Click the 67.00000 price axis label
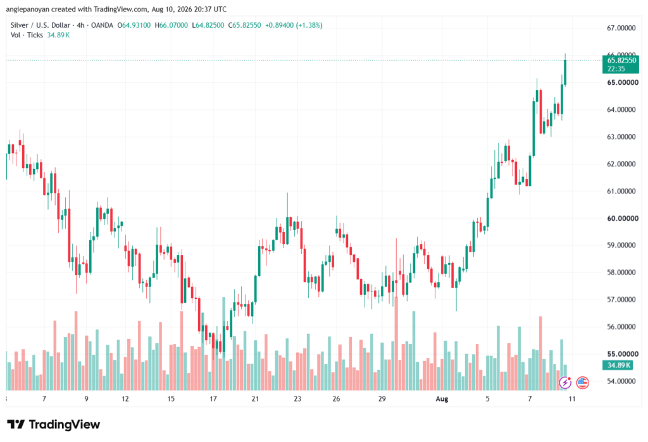[621, 28]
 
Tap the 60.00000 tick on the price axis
[621, 219]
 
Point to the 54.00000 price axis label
[621, 381]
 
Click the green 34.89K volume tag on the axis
[619, 365]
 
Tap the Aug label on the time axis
[442, 398]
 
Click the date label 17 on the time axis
[213, 398]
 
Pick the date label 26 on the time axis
[337, 398]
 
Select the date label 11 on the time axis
[572, 398]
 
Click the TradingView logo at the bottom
[54, 424]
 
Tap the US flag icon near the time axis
[582, 383]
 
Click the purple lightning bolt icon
[565, 383]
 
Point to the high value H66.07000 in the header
[171, 25]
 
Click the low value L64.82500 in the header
[208, 25]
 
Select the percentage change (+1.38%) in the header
[309, 25]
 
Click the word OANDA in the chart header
[102, 25]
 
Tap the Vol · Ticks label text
[27, 35]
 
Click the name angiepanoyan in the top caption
[28, 9]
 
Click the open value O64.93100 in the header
[134, 25]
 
